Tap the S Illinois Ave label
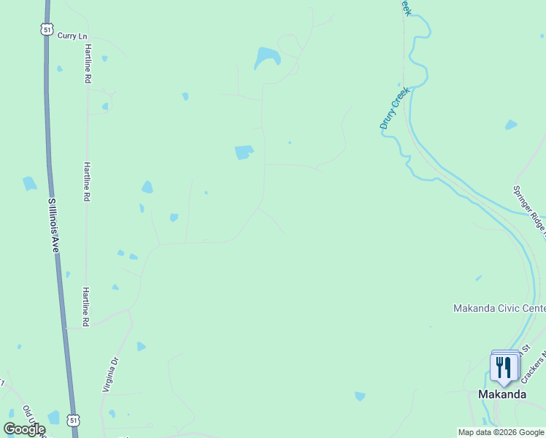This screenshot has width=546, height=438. pyautogui.click(x=53, y=225)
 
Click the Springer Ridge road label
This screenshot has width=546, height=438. pyautogui.click(x=529, y=211)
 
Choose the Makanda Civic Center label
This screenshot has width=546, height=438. pyautogui.click(x=499, y=308)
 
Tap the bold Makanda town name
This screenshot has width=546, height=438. pyautogui.click(x=502, y=394)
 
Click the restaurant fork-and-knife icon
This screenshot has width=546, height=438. pyautogui.click(x=503, y=367)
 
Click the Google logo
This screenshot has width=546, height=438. pyautogui.click(x=24, y=429)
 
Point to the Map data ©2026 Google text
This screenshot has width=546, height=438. pyautogui.click(x=501, y=432)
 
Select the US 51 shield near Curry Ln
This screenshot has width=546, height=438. pyautogui.click(x=47, y=29)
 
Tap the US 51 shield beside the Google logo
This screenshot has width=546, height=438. pyautogui.click(x=72, y=420)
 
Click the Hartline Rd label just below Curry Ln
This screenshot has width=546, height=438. pyautogui.click(x=87, y=62)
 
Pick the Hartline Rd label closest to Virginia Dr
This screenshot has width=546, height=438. pyautogui.click(x=85, y=307)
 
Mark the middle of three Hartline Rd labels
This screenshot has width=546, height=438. pyautogui.click(x=86, y=182)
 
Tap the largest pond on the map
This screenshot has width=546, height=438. pyautogui.click(x=266, y=58)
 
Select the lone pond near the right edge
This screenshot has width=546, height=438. pyautogui.click(x=511, y=125)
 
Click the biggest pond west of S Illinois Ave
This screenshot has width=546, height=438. pyautogui.click(x=29, y=183)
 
